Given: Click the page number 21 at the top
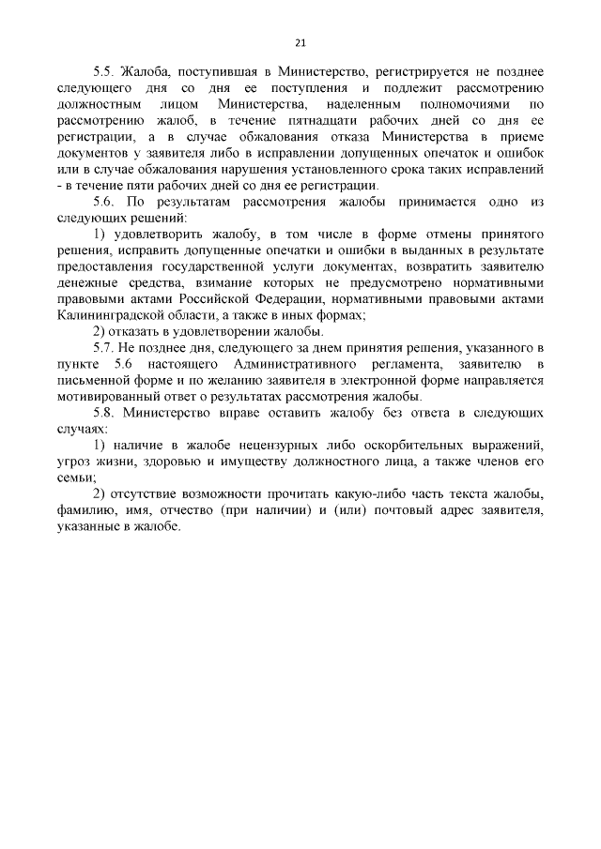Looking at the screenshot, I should tap(300, 42).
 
